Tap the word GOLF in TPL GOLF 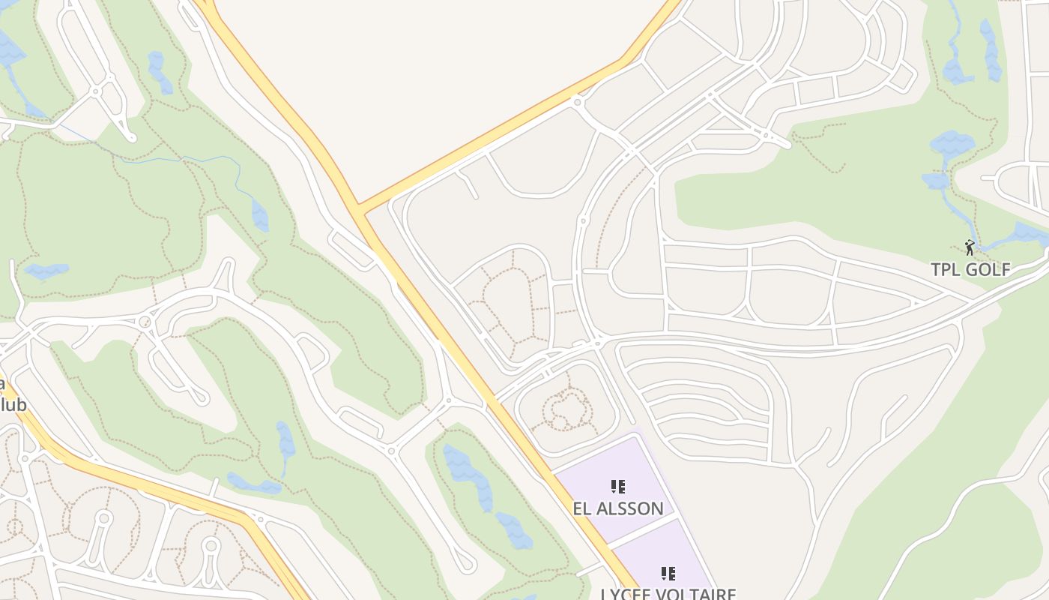pos(988,270)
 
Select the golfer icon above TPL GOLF pos(970,247)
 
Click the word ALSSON pos(629,508)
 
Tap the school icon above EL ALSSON pos(617,487)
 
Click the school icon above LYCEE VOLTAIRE pos(668,574)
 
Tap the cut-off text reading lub pos(13,405)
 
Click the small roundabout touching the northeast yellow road pos(577,101)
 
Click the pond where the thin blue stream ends pos(259,216)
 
